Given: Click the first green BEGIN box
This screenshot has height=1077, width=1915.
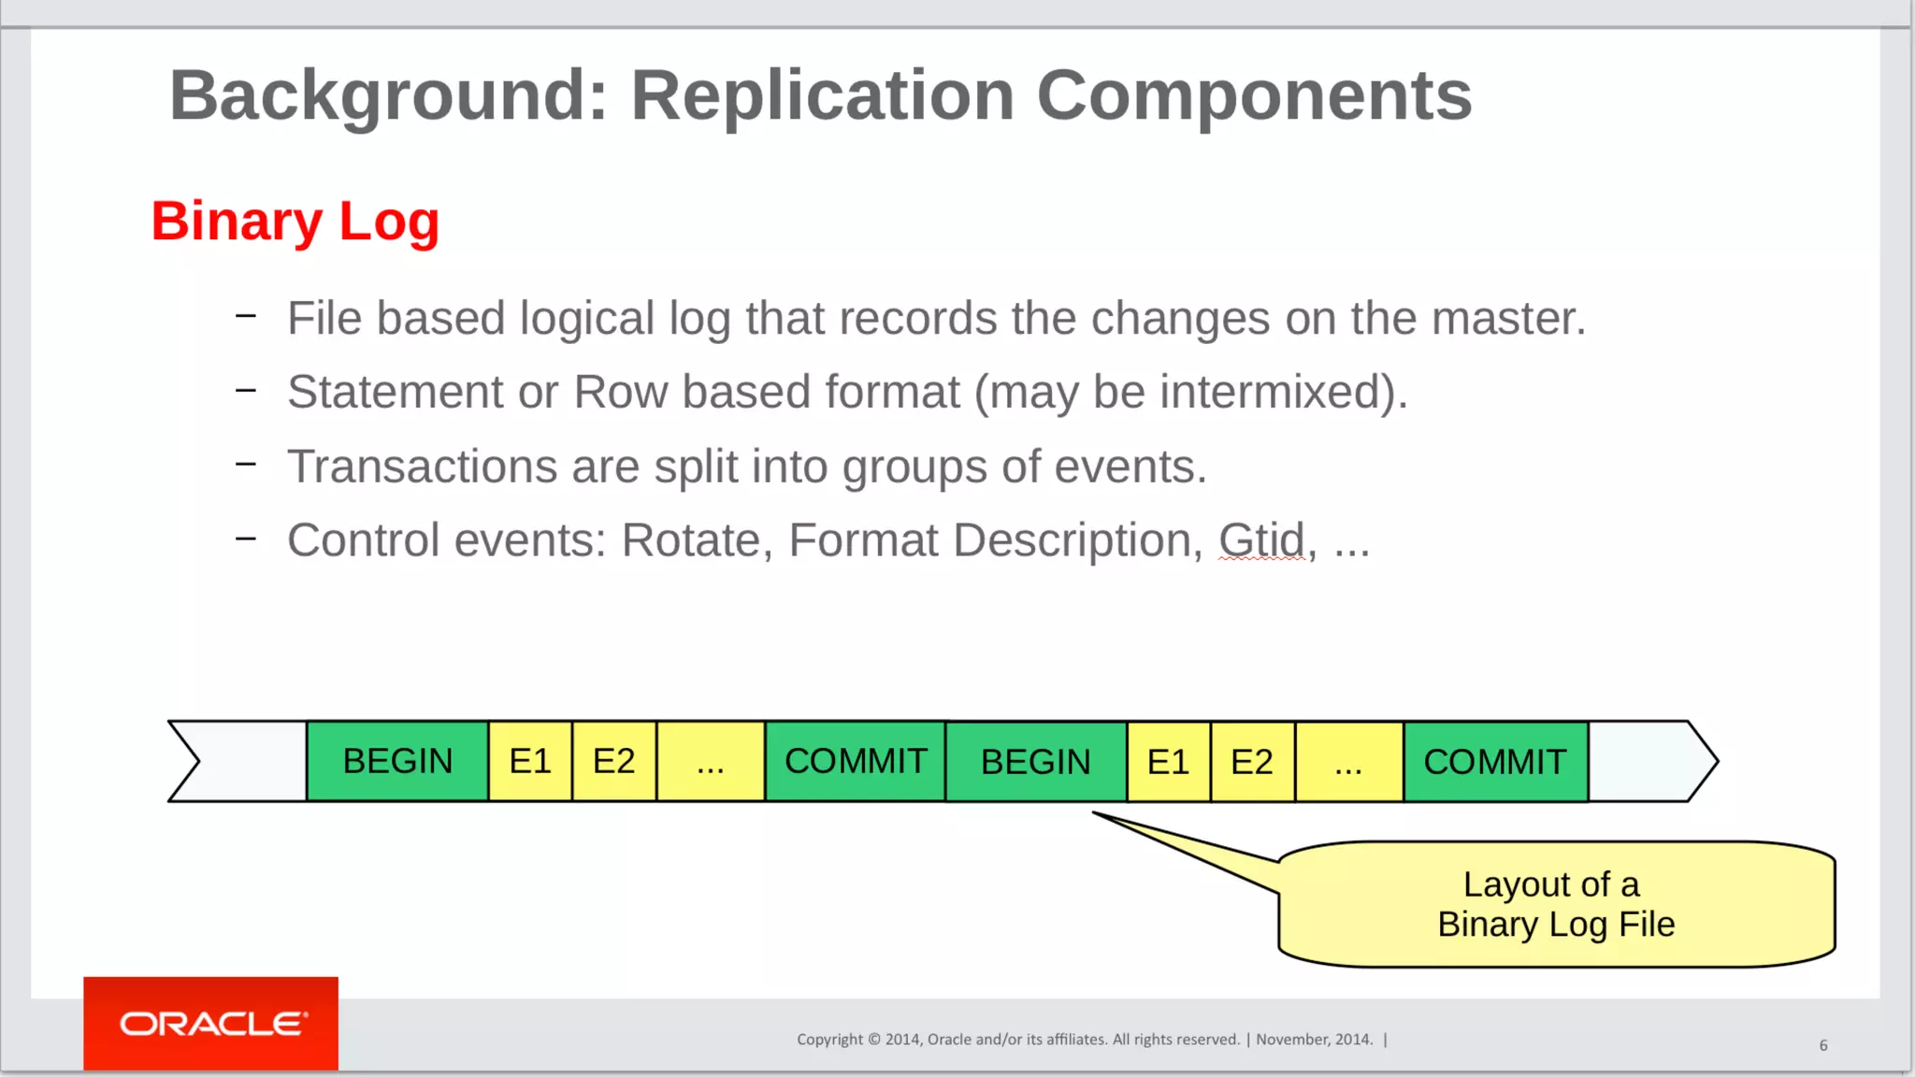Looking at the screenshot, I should pyautogui.click(x=397, y=761).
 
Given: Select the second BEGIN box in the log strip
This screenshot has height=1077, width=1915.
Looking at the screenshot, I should pyautogui.click(x=1035, y=761).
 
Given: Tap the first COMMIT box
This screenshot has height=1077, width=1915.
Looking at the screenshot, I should pyautogui.click(x=856, y=761).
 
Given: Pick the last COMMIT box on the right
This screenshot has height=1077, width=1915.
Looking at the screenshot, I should pyautogui.click(x=1494, y=761).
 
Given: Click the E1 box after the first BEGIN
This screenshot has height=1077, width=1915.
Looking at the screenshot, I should pyautogui.click(x=530, y=761).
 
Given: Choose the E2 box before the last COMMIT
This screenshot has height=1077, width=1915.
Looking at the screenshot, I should pyautogui.click(x=1252, y=761).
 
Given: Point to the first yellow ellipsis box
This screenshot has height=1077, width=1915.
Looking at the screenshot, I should pyautogui.click(x=711, y=761).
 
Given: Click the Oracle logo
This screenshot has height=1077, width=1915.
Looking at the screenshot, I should pyautogui.click(x=211, y=1024).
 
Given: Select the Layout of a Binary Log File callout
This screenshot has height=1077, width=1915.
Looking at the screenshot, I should pyautogui.click(x=1556, y=904).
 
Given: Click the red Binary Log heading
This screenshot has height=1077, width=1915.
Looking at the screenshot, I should pyautogui.click(x=295, y=222).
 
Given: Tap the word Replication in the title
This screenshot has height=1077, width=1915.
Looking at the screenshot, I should pyautogui.click(x=823, y=95).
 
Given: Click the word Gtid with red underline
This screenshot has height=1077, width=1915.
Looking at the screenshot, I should pyautogui.click(x=1260, y=540).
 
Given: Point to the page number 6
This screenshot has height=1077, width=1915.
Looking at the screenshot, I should pyautogui.click(x=1823, y=1045).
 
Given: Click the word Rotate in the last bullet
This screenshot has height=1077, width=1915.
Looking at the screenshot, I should pyautogui.click(x=692, y=540).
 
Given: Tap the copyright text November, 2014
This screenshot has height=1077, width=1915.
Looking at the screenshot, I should pyautogui.click(x=1314, y=1040).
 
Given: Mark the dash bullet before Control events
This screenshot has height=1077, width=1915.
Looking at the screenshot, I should pyautogui.click(x=246, y=538).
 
